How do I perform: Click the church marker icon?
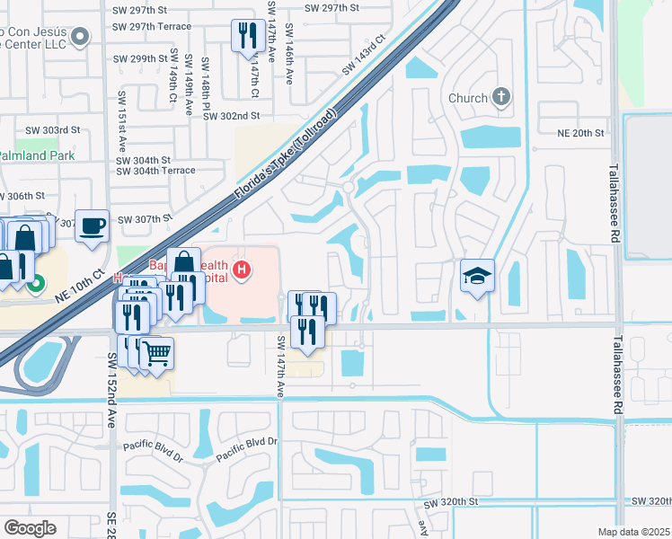coord(500,98)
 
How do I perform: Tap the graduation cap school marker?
coord(478,275)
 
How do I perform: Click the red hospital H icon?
coord(241,269)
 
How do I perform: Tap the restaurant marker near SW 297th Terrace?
coord(247,36)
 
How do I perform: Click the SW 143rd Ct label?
coord(362,56)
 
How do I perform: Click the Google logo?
coord(30,527)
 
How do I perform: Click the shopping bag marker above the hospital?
coord(183,261)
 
